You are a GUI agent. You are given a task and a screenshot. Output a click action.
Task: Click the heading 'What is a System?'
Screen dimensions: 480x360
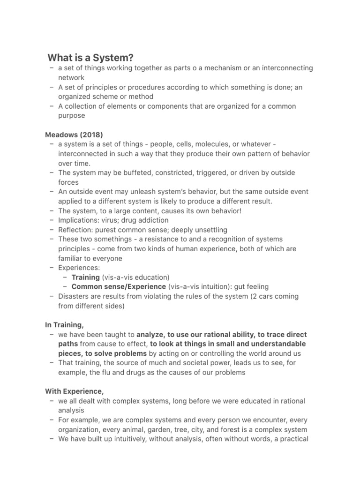(90, 58)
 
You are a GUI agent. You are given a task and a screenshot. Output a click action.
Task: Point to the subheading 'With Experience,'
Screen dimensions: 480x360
(75, 391)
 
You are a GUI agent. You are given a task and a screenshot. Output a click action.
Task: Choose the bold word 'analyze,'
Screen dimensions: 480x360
(151, 335)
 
